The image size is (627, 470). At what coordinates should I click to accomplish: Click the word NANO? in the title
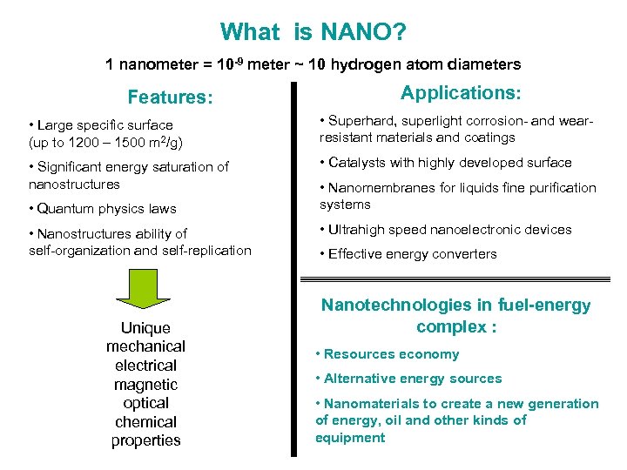pyautogui.click(x=363, y=33)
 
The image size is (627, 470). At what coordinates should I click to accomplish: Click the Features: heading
pyautogui.click(x=170, y=97)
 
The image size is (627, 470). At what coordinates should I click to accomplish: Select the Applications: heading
pyautogui.click(x=462, y=92)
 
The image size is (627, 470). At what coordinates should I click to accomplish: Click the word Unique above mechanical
pyautogui.click(x=145, y=328)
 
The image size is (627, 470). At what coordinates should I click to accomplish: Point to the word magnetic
pyautogui.click(x=145, y=385)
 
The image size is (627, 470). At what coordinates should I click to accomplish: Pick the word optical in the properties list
pyautogui.click(x=145, y=403)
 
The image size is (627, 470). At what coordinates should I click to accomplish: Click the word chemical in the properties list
pyautogui.click(x=145, y=422)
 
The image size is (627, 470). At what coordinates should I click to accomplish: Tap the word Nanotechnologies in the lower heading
pyautogui.click(x=394, y=305)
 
